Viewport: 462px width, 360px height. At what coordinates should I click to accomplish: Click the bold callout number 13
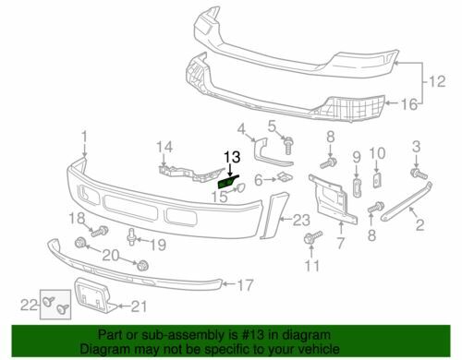tap(232, 157)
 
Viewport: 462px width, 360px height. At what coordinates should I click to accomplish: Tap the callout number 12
tap(437, 81)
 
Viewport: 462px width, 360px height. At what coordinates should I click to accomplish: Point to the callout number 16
tap(409, 104)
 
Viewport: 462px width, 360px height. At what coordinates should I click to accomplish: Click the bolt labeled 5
tap(288, 146)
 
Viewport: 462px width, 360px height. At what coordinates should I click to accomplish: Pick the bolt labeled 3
tap(419, 174)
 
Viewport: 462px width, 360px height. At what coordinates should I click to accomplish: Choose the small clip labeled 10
tap(377, 180)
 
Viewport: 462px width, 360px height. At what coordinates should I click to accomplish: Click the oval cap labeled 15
tap(240, 187)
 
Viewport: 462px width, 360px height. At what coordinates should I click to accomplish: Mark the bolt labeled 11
tap(311, 237)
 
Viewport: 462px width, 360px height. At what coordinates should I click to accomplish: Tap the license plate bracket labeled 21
tap(94, 295)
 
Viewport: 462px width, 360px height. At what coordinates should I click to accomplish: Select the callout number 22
tap(29, 306)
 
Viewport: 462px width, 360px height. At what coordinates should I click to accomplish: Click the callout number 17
tap(245, 285)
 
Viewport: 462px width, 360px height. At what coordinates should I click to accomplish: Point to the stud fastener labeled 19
tap(131, 236)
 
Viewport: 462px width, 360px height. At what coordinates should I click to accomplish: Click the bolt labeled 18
tap(100, 231)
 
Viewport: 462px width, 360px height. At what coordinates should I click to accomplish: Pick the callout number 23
tap(301, 220)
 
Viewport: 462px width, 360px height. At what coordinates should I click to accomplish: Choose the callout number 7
tap(341, 244)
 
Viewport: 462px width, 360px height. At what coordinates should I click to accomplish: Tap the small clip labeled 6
tap(286, 177)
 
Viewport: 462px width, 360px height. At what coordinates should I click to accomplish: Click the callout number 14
tap(164, 147)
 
